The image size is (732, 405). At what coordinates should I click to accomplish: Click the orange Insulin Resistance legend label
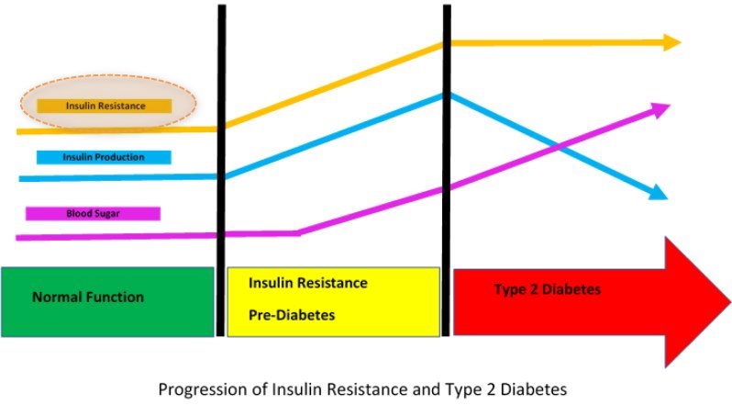105,106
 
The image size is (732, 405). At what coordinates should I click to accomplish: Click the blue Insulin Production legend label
104,157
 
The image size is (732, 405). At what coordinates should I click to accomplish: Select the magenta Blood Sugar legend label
94,214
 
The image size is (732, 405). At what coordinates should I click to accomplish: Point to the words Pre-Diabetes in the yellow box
293,315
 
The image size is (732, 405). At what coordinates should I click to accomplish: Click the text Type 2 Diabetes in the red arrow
547,289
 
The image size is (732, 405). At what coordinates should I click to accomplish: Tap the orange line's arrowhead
672,42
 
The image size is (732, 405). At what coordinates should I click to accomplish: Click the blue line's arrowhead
659,193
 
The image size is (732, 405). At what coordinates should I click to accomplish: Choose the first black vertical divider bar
221,170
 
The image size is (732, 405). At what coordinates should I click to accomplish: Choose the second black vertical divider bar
447,170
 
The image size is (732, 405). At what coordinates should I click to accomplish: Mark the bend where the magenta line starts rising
299,232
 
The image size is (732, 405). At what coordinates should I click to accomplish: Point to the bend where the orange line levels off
447,42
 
